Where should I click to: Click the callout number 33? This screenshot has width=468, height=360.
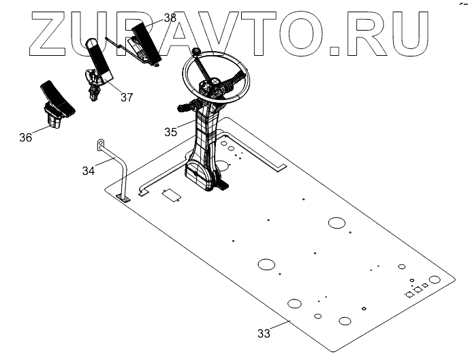(x=264, y=333)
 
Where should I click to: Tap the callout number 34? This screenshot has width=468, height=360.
(x=89, y=170)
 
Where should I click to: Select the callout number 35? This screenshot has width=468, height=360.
(x=171, y=131)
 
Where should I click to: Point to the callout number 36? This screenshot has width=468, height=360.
(x=25, y=137)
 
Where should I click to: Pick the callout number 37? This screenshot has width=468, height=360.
(x=127, y=97)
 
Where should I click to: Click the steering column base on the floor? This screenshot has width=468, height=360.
(x=204, y=178)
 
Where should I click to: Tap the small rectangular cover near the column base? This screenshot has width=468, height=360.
(x=170, y=195)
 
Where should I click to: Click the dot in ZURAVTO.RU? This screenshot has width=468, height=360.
(x=335, y=49)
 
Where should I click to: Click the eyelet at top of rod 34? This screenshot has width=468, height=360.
(x=99, y=142)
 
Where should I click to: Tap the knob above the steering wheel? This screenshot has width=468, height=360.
(x=196, y=51)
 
